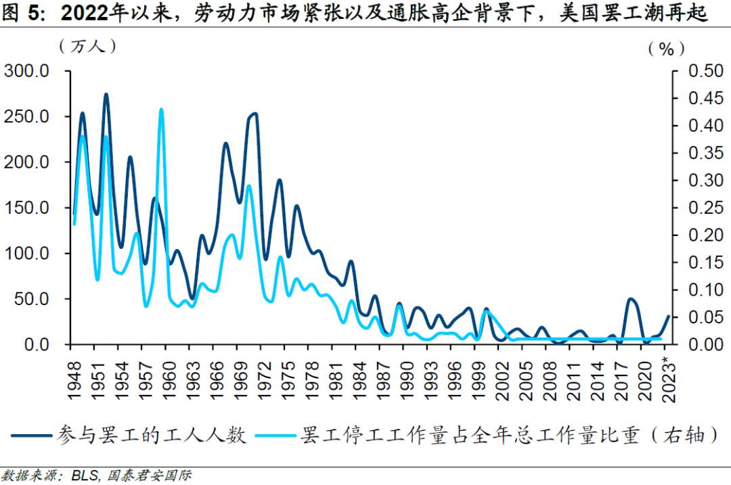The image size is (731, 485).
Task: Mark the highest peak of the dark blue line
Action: tap(106, 95)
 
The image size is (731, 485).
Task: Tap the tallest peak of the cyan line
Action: tap(161, 109)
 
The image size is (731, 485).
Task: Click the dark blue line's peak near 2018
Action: tap(631, 299)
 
